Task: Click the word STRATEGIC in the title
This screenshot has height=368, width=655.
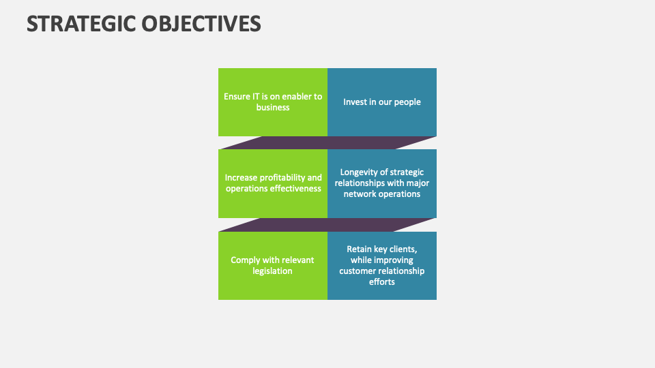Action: pos(81,23)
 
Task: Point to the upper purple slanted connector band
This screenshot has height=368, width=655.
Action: pos(327,142)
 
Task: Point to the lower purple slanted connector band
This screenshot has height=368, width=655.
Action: pos(327,224)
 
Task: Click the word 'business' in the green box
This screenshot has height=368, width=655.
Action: pos(273,108)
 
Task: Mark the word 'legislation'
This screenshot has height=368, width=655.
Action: pos(273,271)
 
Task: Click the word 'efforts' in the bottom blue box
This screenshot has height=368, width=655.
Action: pos(382,282)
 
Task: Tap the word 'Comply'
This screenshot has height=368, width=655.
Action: pos(246,260)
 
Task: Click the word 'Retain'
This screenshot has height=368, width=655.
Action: pos(360,249)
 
